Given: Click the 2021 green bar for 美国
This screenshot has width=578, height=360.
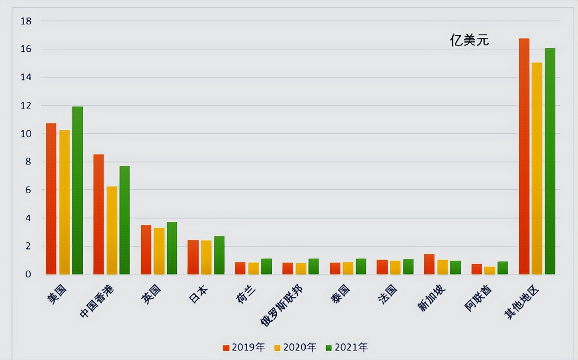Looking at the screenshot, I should [x=77, y=191].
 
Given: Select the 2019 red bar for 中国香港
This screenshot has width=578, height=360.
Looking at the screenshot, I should [x=99, y=214].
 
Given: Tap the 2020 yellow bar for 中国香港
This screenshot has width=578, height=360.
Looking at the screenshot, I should [x=112, y=230].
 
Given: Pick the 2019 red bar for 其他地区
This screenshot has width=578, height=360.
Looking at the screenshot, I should [x=524, y=156].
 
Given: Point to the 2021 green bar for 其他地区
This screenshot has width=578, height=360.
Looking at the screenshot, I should [x=550, y=161].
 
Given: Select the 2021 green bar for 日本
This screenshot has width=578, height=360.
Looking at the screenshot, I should [x=219, y=255].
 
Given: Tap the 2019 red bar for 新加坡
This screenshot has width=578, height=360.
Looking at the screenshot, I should [x=429, y=264].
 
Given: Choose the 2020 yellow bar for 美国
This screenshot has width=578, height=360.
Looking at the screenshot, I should [x=65, y=202].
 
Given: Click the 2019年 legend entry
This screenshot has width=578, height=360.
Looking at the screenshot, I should [x=244, y=348].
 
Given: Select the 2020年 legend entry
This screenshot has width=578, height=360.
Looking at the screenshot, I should [x=295, y=348].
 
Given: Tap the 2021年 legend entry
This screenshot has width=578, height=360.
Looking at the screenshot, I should [x=347, y=348].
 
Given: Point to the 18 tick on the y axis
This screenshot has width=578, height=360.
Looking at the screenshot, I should [x=26, y=21].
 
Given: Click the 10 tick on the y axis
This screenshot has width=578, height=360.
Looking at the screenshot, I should [x=26, y=133].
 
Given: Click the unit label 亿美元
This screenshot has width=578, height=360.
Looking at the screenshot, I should [x=469, y=40].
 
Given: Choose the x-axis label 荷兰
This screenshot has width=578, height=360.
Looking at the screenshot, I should [x=245, y=294].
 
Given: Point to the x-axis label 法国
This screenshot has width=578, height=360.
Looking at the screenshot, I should [x=387, y=294].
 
